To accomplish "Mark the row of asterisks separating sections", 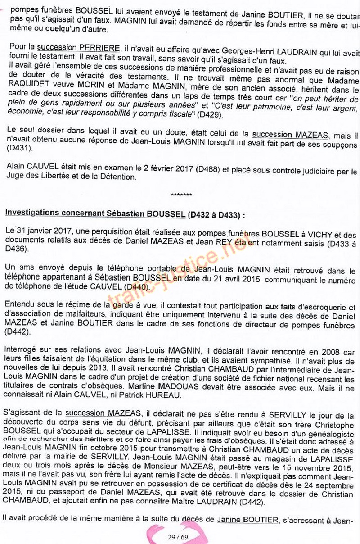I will coord(181,195).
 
